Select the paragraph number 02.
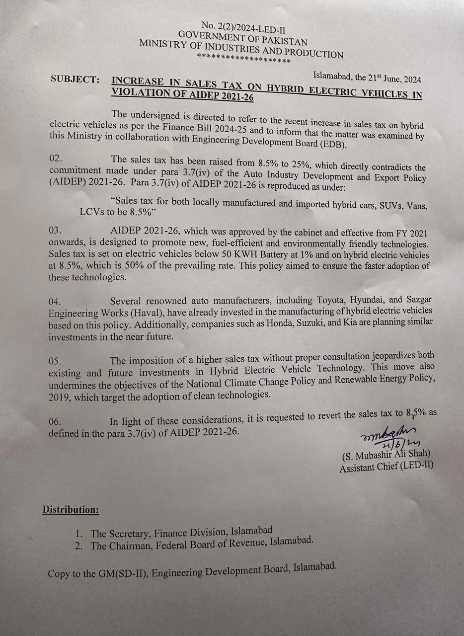coord(56,159)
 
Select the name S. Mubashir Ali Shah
coord(386,454)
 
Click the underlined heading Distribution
coord(71,509)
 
